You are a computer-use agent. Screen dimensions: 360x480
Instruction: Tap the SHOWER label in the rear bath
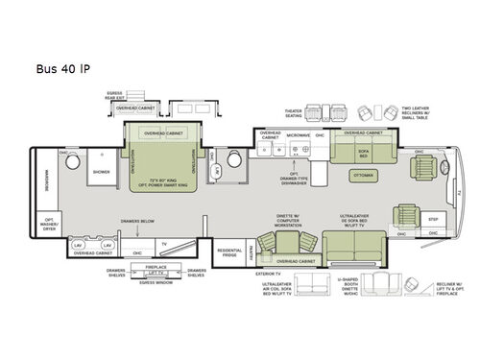coord(103,174)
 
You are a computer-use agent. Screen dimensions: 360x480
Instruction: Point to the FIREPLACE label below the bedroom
coord(156,266)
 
